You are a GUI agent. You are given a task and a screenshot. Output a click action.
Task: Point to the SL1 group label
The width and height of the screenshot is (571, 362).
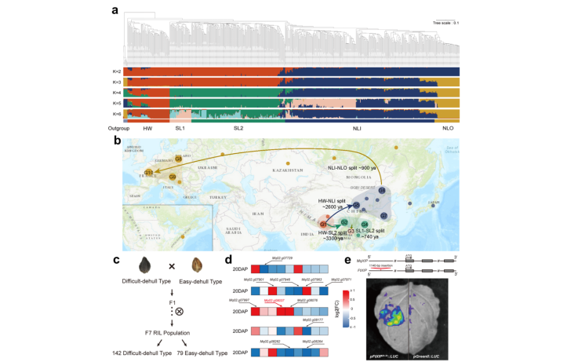click(180, 127)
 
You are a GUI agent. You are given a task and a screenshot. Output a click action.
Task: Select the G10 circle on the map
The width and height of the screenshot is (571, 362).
click(149, 173)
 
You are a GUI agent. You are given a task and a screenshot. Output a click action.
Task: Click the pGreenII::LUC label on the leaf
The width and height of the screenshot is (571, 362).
click(430, 356)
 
